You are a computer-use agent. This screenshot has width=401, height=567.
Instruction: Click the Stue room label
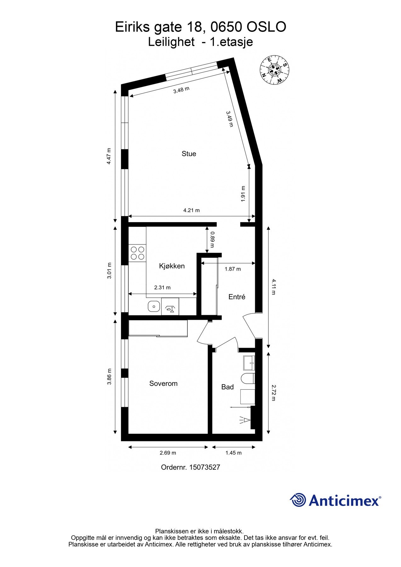click(x=189, y=154)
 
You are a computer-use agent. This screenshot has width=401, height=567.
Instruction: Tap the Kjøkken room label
click(x=172, y=266)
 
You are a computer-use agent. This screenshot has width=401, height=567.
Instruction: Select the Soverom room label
click(x=163, y=383)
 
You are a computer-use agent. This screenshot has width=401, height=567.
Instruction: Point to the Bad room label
click(x=227, y=387)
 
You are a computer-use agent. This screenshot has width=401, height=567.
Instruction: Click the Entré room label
click(x=237, y=297)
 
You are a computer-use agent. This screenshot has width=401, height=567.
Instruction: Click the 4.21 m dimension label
click(x=192, y=210)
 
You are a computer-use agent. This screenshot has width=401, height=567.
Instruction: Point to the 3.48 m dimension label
click(x=181, y=90)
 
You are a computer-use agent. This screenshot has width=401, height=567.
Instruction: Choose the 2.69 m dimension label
click(x=168, y=453)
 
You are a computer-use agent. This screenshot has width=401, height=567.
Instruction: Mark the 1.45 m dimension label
click(x=233, y=453)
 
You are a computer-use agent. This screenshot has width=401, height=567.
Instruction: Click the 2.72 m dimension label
click(x=273, y=392)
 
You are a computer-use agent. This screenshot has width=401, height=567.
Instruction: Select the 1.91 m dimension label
click(x=243, y=194)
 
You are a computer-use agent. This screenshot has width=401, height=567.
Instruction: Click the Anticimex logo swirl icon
click(x=298, y=500)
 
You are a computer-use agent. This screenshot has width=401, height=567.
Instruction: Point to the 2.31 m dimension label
click(x=162, y=287)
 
